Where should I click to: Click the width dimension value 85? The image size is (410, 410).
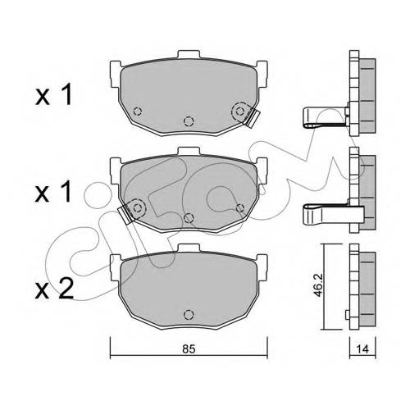(189, 349)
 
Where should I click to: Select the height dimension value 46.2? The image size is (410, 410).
(319, 285)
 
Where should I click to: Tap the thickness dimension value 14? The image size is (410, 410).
(362, 349)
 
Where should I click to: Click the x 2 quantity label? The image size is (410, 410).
(55, 289)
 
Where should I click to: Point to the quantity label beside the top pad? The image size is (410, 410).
(54, 95)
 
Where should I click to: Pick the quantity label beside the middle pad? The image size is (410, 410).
(54, 193)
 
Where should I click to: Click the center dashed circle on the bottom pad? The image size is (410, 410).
(189, 315)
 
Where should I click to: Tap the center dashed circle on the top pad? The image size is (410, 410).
(189, 121)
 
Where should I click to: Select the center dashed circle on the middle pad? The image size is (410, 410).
(189, 218)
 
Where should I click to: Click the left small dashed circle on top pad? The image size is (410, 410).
(137, 112)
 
